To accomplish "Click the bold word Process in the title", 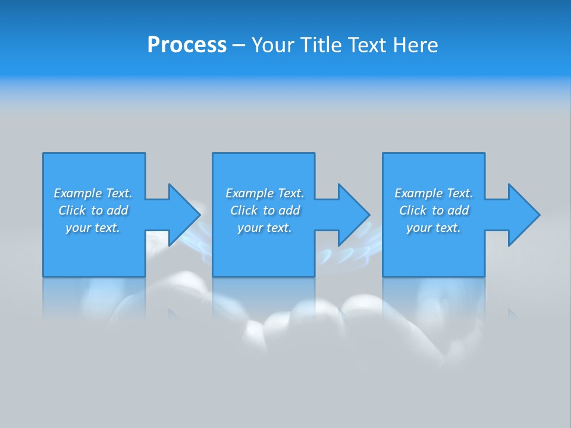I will pos(187,45).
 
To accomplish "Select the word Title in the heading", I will pos(321,45).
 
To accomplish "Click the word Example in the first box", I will pos(78,193).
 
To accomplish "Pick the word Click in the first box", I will pos(72,210).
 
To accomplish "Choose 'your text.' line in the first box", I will pos(93,228).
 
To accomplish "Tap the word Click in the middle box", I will pos(244,210).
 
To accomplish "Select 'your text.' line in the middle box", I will pos(265,228).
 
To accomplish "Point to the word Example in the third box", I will pos(419,193).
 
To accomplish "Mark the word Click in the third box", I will pos(413,210).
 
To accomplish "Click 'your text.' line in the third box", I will pos(434,228).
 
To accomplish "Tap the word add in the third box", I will pos(459,210).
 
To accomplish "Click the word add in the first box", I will pos(118,210).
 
